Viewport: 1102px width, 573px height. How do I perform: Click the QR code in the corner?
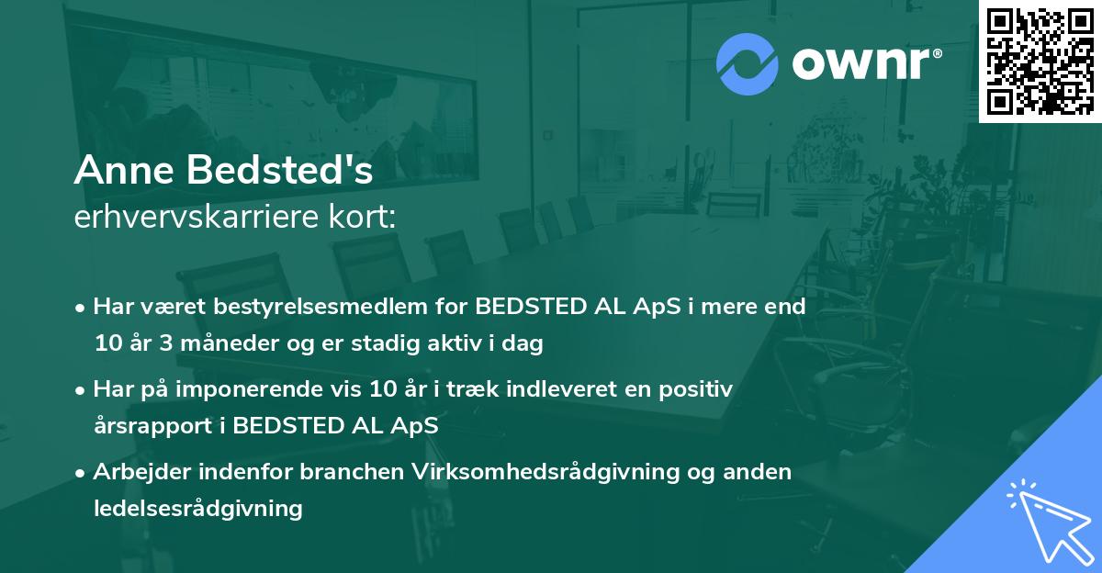[1040, 61]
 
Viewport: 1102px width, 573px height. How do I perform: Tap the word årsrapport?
[151, 426]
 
